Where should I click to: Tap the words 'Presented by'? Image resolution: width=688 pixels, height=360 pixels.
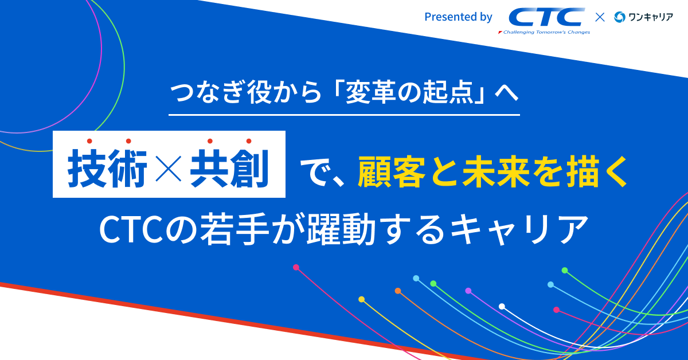(x=458, y=17)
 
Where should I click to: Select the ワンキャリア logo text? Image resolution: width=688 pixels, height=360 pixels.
(x=651, y=17)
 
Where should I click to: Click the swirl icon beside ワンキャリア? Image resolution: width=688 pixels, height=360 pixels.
(x=620, y=17)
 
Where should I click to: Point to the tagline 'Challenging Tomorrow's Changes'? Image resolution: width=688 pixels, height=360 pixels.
(x=544, y=32)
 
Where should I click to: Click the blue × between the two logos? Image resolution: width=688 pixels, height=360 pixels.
(x=600, y=17)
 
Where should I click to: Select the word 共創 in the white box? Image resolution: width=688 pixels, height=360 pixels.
(x=229, y=168)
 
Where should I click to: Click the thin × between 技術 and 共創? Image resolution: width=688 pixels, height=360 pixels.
(x=169, y=169)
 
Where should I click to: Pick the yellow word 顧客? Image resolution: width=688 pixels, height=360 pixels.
(x=392, y=171)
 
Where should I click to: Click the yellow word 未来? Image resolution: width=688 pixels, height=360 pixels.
(x=496, y=171)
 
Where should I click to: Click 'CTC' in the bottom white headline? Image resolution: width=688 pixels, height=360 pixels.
(x=132, y=229)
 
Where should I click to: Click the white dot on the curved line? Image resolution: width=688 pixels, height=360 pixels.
(x=502, y=306)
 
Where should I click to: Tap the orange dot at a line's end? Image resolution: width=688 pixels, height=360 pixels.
(x=398, y=291)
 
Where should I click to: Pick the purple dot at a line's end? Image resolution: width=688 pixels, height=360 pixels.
(x=468, y=291)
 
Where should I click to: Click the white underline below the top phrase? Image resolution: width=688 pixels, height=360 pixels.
(x=344, y=115)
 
